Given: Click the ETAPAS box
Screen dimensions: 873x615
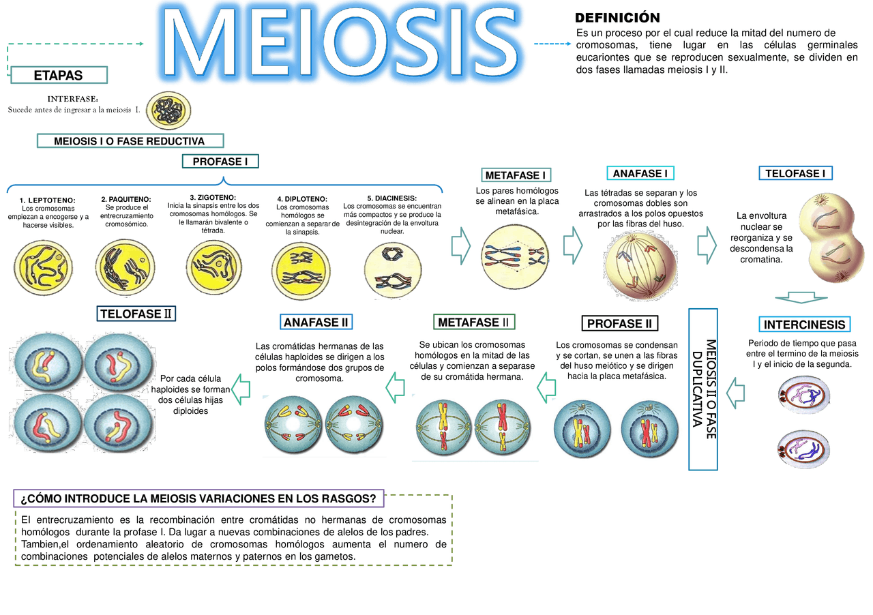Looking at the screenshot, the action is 59,75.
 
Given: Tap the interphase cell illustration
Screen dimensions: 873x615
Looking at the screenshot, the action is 168,110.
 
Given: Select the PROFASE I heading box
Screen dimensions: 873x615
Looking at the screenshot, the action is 220,162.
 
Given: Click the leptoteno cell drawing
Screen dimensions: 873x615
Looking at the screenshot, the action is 43,268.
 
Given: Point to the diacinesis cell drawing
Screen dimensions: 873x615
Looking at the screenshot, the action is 393,270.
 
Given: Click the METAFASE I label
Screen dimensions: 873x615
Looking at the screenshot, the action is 516,175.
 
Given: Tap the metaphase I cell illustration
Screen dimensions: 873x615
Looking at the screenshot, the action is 515,256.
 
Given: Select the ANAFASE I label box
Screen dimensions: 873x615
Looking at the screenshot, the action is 640,173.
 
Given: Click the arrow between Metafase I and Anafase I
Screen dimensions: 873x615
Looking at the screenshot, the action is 572,245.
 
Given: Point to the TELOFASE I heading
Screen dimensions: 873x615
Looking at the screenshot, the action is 795,173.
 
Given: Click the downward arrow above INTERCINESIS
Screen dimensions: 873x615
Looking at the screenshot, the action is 801,297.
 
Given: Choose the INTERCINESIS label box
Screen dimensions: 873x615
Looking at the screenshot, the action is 804,325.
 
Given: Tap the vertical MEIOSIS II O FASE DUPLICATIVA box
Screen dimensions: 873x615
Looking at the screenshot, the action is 703,389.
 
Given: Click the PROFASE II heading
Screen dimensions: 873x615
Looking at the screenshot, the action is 620,323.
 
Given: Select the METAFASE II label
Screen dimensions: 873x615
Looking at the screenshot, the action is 474,322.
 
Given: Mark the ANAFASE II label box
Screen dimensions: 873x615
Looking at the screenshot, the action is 316,322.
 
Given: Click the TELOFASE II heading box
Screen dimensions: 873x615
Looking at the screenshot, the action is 136,314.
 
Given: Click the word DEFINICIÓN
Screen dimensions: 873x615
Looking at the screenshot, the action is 617,18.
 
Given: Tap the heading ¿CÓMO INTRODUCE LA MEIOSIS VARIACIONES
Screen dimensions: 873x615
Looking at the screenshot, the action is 198,498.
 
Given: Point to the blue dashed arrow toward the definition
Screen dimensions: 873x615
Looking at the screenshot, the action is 552,44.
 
